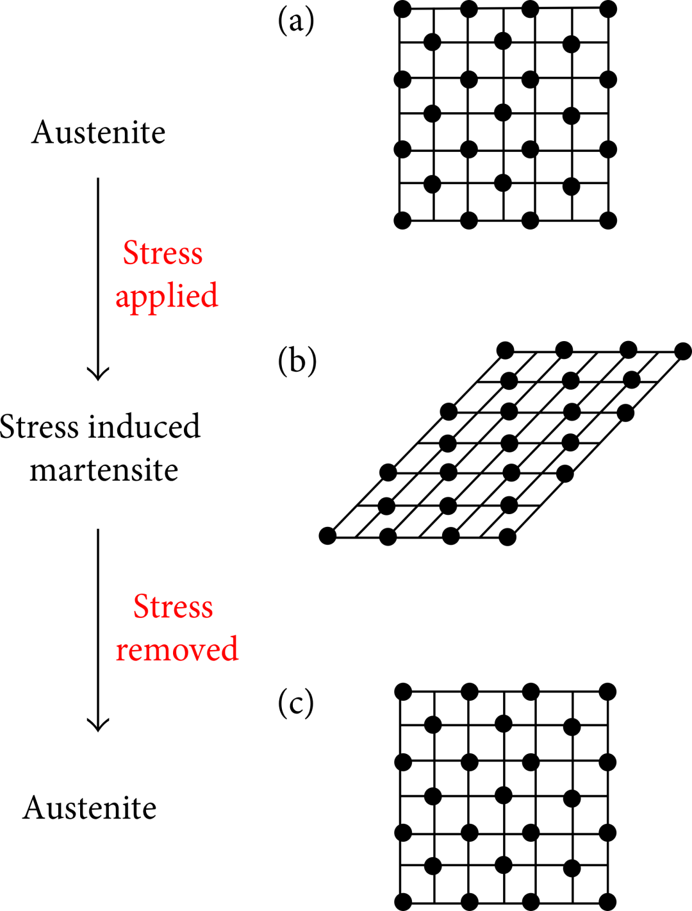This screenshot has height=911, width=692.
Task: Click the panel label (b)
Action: click(x=297, y=361)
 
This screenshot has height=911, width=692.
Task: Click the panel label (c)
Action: click(x=296, y=705)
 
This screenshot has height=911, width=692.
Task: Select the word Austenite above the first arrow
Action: click(x=98, y=133)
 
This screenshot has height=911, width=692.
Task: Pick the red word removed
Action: click(x=177, y=649)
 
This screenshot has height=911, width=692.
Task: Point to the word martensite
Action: click(x=104, y=470)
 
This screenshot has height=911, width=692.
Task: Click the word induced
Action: click(x=144, y=426)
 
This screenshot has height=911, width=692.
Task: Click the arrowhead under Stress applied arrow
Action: click(x=98, y=374)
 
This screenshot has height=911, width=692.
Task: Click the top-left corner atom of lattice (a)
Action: click(x=402, y=9)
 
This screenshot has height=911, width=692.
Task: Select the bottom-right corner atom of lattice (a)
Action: click(x=608, y=221)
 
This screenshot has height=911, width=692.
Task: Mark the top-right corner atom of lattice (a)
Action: click(x=608, y=9)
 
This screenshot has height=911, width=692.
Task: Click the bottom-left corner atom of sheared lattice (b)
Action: click(x=327, y=536)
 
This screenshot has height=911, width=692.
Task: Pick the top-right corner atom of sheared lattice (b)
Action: click(x=683, y=351)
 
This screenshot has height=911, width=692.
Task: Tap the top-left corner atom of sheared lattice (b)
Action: click(x=505, y=351)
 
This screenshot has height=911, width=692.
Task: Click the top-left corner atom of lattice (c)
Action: click(x=403, y=692)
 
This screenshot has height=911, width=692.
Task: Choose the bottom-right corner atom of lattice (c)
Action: click(x=608, y=902)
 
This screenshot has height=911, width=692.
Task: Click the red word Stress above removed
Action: click(x=173, y=606)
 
